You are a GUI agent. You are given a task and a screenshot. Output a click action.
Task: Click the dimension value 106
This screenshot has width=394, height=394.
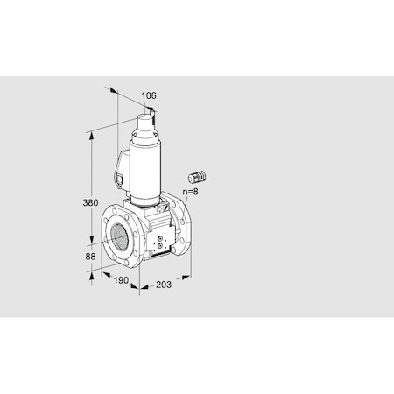click(x=148, y=95)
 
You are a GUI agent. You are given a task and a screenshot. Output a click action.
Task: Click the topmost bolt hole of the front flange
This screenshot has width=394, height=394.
click(x=123, y=211)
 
